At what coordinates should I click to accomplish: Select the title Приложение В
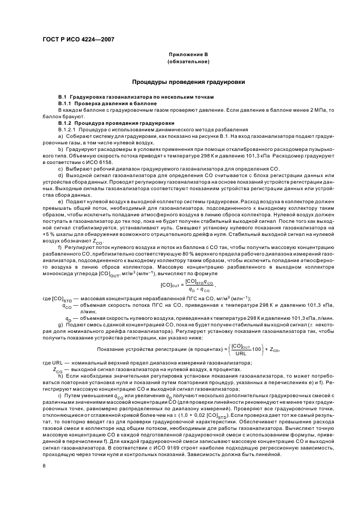click(188, 56)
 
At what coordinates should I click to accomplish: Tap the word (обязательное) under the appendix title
click(188, 62)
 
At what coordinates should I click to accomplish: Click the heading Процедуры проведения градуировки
click(188, 82)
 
